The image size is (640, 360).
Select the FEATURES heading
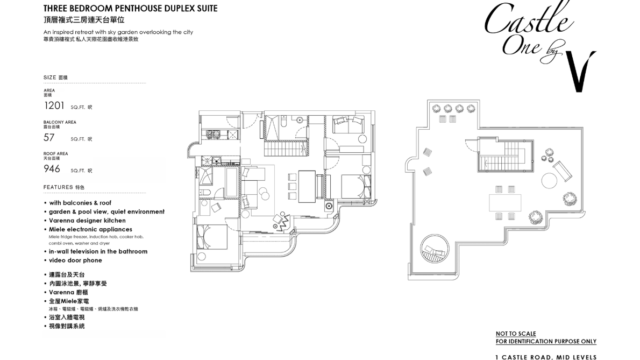(x=57, y=186)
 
